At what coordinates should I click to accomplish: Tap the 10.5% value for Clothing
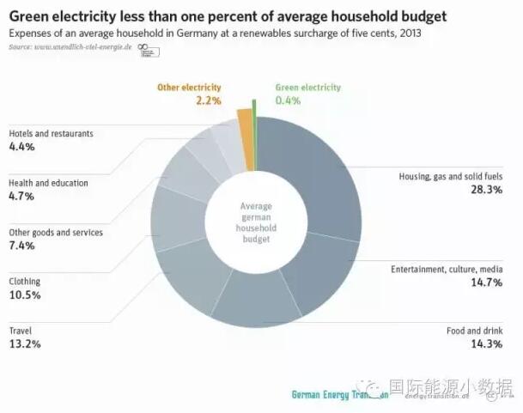(x=25, y=295)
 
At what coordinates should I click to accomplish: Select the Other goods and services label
(x=56, y=232)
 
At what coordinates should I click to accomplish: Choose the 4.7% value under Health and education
(x=21, y=197)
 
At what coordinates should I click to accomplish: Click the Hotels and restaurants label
(x=51, y=134)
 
